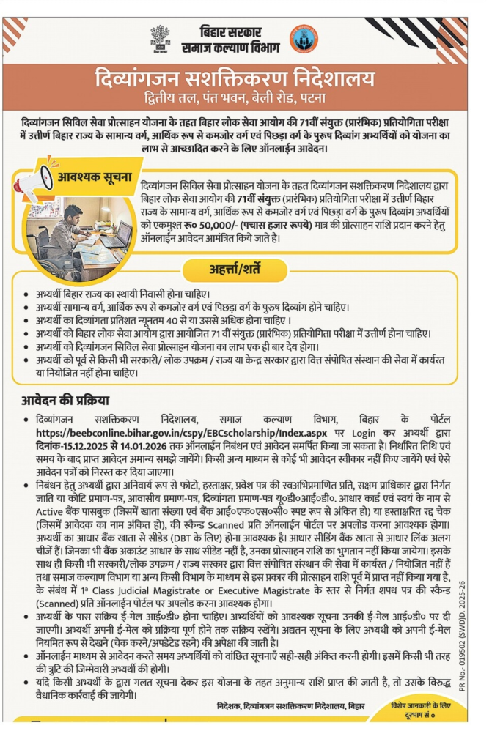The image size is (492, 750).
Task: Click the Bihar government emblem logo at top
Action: point(161,39)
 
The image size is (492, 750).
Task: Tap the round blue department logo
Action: point(304,38)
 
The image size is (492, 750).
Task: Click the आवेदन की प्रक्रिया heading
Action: point(64,400)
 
